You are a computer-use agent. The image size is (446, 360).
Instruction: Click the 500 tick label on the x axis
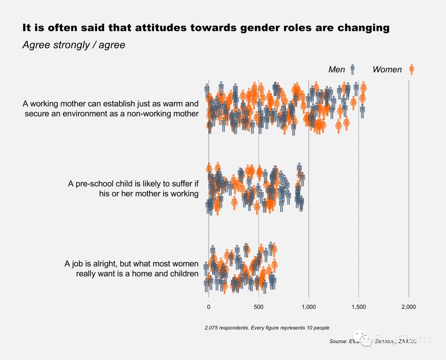tap(259, 307)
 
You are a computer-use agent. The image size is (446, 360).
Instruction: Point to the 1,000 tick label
tap(308, 307)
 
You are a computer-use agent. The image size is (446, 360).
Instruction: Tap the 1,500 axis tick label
tap(358, 307)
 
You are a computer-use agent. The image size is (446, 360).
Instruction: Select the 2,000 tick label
tap(408, 307)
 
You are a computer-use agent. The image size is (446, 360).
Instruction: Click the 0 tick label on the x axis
tap(209, 307)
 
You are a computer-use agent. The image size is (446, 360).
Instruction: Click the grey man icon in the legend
tap(352, 69)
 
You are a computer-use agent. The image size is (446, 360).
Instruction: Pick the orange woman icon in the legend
tap(411, 69)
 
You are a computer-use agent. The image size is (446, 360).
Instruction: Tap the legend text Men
tap(337, 69)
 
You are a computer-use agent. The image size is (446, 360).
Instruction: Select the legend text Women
tap(387, 69)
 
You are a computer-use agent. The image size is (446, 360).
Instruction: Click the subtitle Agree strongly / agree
tap(74, 45)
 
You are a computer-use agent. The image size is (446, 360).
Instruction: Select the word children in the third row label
tap(183, 273)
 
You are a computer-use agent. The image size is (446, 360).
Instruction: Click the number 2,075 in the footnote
tap(211, 328)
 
